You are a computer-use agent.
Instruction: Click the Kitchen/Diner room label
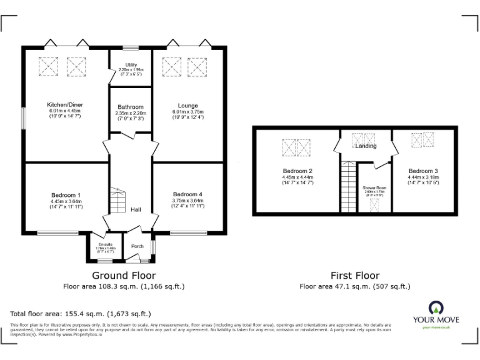tap(65, 104)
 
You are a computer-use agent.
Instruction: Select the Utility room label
tap(131, 65)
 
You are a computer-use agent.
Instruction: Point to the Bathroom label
tap(131, 107)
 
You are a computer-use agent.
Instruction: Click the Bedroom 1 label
tap(66, 194)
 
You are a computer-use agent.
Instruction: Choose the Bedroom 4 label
tap(187, 194)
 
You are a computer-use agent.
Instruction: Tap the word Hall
tap(136, 210)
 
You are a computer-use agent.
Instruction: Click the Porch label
tap(137, 246)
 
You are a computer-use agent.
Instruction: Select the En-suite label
tap(105, 244)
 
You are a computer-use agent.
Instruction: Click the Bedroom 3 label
tap(423, 171)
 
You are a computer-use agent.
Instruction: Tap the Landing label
tap(366, 146)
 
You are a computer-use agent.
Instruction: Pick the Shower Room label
tap(374, 187)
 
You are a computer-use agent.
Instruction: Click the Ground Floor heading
tap(124, 275)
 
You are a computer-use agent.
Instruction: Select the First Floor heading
tap(354, 275)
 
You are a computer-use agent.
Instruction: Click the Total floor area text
tap(81, 314)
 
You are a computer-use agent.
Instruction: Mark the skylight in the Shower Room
tap(374, 204)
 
